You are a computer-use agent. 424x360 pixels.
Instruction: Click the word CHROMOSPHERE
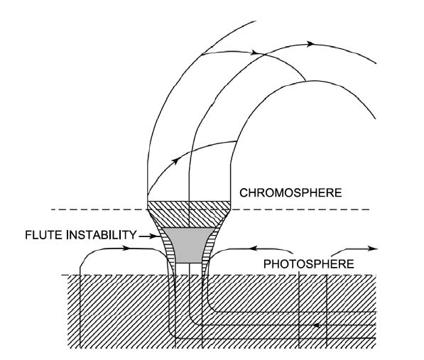(290, 193)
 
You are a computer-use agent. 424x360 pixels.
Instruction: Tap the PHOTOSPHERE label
(309, 264)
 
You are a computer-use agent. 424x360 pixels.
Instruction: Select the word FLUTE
(44, 235)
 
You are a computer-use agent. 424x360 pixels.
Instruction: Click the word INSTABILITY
(102, 235)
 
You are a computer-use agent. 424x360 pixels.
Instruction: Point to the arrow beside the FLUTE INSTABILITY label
(148, 236)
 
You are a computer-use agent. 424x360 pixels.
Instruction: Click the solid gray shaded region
(188, 245)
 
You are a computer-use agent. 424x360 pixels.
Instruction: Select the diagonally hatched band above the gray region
(189, 214)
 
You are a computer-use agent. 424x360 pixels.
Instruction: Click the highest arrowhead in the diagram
(310, 44)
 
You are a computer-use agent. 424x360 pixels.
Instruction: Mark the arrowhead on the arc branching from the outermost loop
(254, 53)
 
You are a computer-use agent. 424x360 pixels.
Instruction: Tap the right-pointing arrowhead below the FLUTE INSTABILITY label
(126, 248)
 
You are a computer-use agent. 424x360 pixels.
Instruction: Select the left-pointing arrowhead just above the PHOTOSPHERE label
(253, 248)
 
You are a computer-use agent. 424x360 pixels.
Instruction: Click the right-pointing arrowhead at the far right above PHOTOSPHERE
(373, 249)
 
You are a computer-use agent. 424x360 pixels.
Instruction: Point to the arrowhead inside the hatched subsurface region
(317, 325)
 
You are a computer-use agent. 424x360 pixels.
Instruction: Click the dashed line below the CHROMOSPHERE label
(210, 209)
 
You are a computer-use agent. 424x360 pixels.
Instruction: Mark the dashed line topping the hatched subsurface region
(219, 275)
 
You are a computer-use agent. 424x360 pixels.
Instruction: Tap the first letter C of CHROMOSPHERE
(244, 193)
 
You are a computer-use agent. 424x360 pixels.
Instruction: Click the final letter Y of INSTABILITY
(133, 235)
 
